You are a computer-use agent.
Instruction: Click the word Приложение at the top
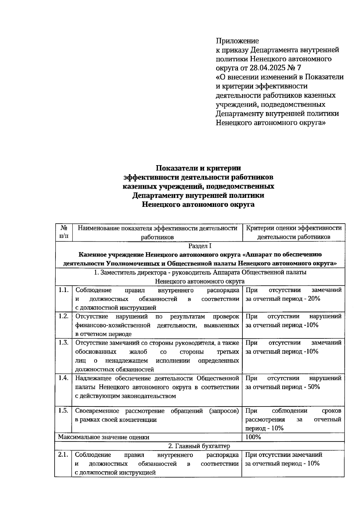237,40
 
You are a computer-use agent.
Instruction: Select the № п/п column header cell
64,232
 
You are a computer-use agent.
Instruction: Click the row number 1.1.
64,290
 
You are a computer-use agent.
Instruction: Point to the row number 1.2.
64,316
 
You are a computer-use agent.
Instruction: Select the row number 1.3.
64,342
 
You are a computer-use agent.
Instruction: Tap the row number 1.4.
64,378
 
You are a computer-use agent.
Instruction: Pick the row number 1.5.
64,410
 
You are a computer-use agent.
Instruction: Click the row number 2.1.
63,455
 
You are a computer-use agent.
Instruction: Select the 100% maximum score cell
253,437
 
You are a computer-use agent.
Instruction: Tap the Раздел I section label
200,246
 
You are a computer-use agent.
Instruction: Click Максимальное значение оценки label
103,437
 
